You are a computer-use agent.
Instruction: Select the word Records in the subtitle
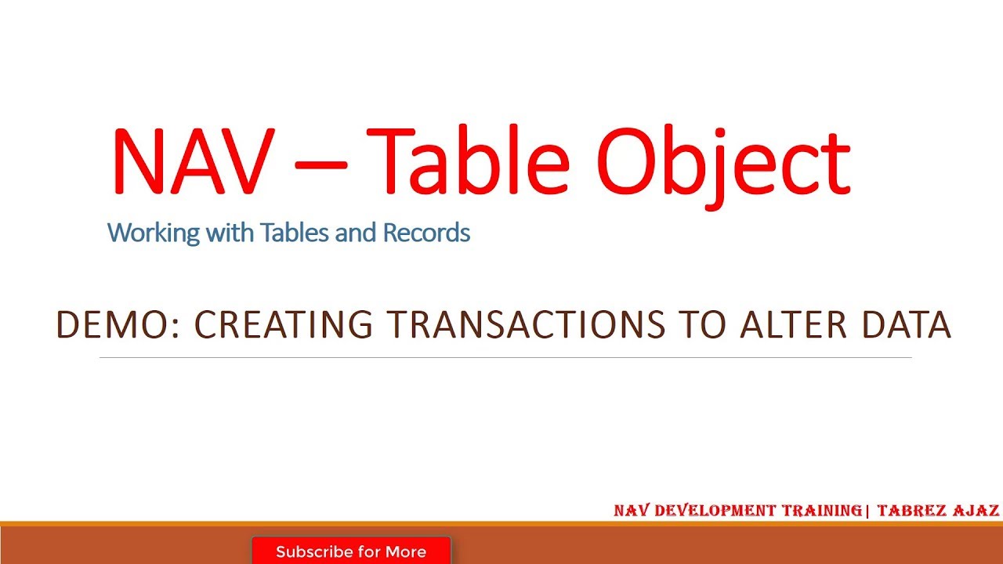426,233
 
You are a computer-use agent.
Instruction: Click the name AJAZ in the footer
977,511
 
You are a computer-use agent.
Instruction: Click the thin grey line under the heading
505,358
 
